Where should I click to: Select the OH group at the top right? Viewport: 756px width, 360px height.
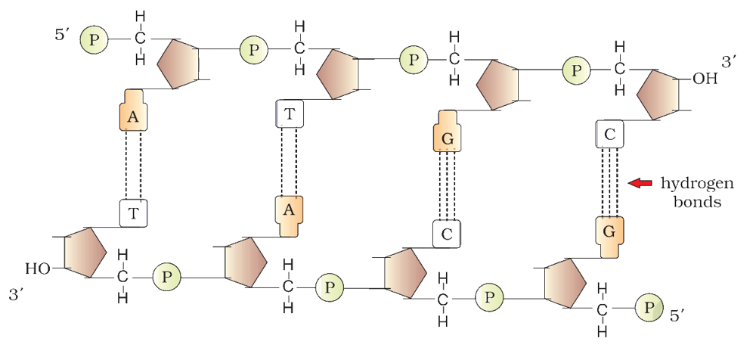tap(705, 79)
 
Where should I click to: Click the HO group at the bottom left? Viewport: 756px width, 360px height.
tap(38, 268)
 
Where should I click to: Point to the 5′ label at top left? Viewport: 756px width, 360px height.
tap(63, 36)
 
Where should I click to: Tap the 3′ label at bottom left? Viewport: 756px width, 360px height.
tap(17, 295)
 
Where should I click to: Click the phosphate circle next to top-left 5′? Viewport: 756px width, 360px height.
tap(94, 39)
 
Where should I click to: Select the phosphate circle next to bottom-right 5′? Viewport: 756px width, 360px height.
tap(649, 307)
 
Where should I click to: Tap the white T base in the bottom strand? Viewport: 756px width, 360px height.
tap(133, 213)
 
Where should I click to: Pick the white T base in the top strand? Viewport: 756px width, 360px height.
tap(290, 114)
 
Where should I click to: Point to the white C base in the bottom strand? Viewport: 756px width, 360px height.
tap(447, 234)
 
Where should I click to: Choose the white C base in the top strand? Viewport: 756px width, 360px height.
tap(610, 134)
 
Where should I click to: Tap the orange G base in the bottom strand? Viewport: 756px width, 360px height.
tap(609, 237)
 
